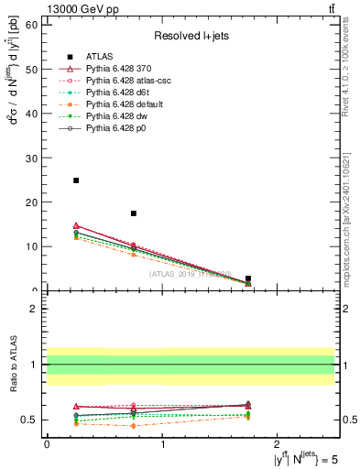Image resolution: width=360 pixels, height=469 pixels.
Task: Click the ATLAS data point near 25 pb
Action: (76, 180)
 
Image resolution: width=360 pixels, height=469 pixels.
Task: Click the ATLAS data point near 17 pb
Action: (134, 213)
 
